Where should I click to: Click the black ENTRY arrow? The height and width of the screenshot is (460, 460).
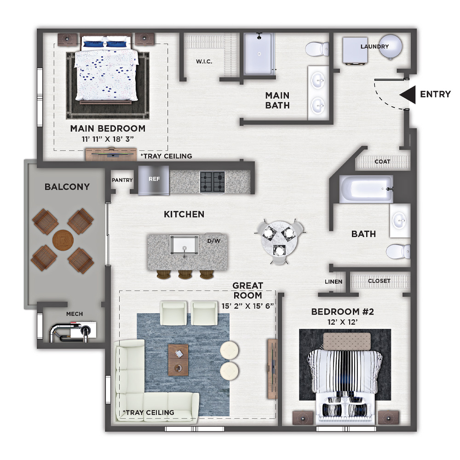coord(408,94)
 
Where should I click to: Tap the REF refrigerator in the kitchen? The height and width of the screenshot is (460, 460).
coord(154,180)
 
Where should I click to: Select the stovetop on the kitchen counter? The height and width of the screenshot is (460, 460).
coord(213,182)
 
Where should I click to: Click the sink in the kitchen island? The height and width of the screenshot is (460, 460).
coord(184,246)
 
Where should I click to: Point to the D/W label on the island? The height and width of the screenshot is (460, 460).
coord(213,241)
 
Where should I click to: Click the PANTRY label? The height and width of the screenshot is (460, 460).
coord(122,180)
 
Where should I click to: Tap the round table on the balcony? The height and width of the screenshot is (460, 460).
coord(63,240)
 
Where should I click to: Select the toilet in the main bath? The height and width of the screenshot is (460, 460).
coord(317,49)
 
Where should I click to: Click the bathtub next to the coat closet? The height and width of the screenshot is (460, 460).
coord(366,189)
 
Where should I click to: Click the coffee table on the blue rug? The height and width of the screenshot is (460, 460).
coord(178,360)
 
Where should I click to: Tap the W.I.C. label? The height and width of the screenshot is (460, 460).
coord(204,62)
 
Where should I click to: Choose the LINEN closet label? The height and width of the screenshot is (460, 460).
coord(333,282)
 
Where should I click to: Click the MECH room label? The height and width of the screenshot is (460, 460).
coord(75,314)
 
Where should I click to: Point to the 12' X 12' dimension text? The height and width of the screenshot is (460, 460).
coord(342,322)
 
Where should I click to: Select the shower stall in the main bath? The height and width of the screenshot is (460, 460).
coord(259,54)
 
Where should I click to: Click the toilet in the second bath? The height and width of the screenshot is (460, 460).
coord(398,252)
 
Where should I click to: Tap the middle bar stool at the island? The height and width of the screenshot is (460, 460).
coord(185,274)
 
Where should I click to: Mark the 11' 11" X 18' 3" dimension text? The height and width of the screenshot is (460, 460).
coord(108,139)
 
